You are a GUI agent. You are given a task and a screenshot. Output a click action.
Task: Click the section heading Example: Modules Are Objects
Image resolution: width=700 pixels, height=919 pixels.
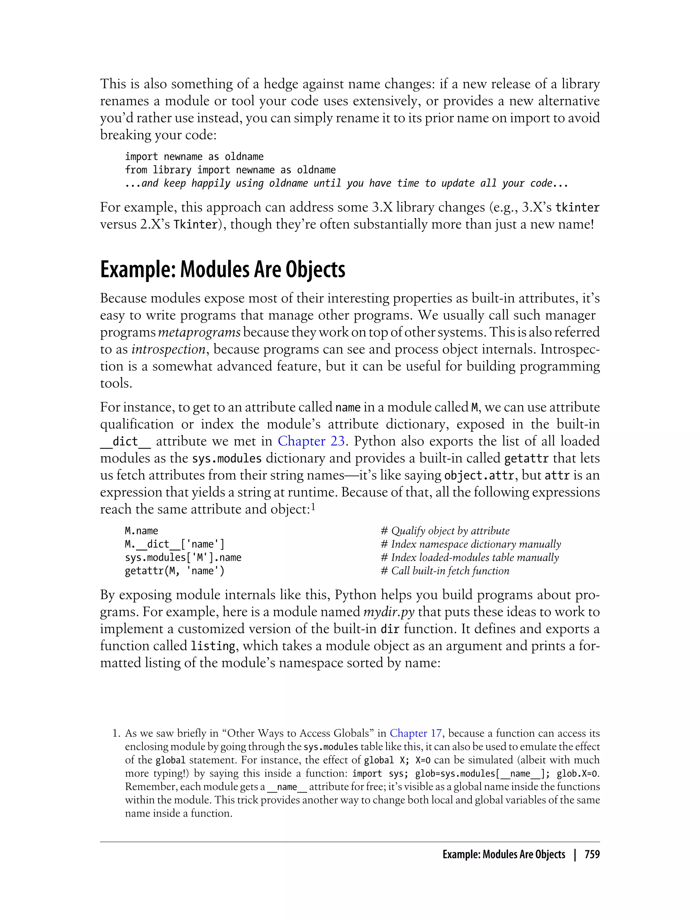tap(223, 270)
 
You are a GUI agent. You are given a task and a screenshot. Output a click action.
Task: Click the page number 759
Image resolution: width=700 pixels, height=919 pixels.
tap(592, 854)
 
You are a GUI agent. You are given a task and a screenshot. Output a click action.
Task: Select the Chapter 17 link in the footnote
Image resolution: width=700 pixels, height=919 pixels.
tap(415, 733)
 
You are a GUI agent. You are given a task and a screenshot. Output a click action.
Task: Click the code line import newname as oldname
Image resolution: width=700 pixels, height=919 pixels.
tap(194, 157)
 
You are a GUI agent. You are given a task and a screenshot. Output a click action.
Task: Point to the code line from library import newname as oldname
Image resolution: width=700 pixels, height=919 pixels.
tap(230, 170)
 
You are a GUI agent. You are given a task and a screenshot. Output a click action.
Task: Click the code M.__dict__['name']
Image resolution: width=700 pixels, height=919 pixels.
tap(175, 544)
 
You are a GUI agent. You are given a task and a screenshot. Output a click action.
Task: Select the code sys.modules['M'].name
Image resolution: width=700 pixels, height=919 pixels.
tap(183, 558)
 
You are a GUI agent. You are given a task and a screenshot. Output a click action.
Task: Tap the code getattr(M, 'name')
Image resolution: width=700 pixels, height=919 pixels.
tap(175, 571)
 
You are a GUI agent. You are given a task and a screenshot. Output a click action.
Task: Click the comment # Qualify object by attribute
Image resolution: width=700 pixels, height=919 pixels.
tap(445, 531)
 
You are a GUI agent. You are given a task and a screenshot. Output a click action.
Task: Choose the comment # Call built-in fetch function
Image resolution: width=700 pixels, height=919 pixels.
tap(445, 571)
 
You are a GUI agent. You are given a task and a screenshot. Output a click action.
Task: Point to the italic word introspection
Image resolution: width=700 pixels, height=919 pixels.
tap(168, 349)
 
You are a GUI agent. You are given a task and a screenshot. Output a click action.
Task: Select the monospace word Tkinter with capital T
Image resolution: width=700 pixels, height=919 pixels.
tap(196, 225)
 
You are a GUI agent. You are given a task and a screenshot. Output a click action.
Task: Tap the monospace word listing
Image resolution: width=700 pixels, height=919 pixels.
tap(213, 646)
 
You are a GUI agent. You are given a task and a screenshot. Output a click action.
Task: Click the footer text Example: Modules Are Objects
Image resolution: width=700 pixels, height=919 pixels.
tap(503, 854)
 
